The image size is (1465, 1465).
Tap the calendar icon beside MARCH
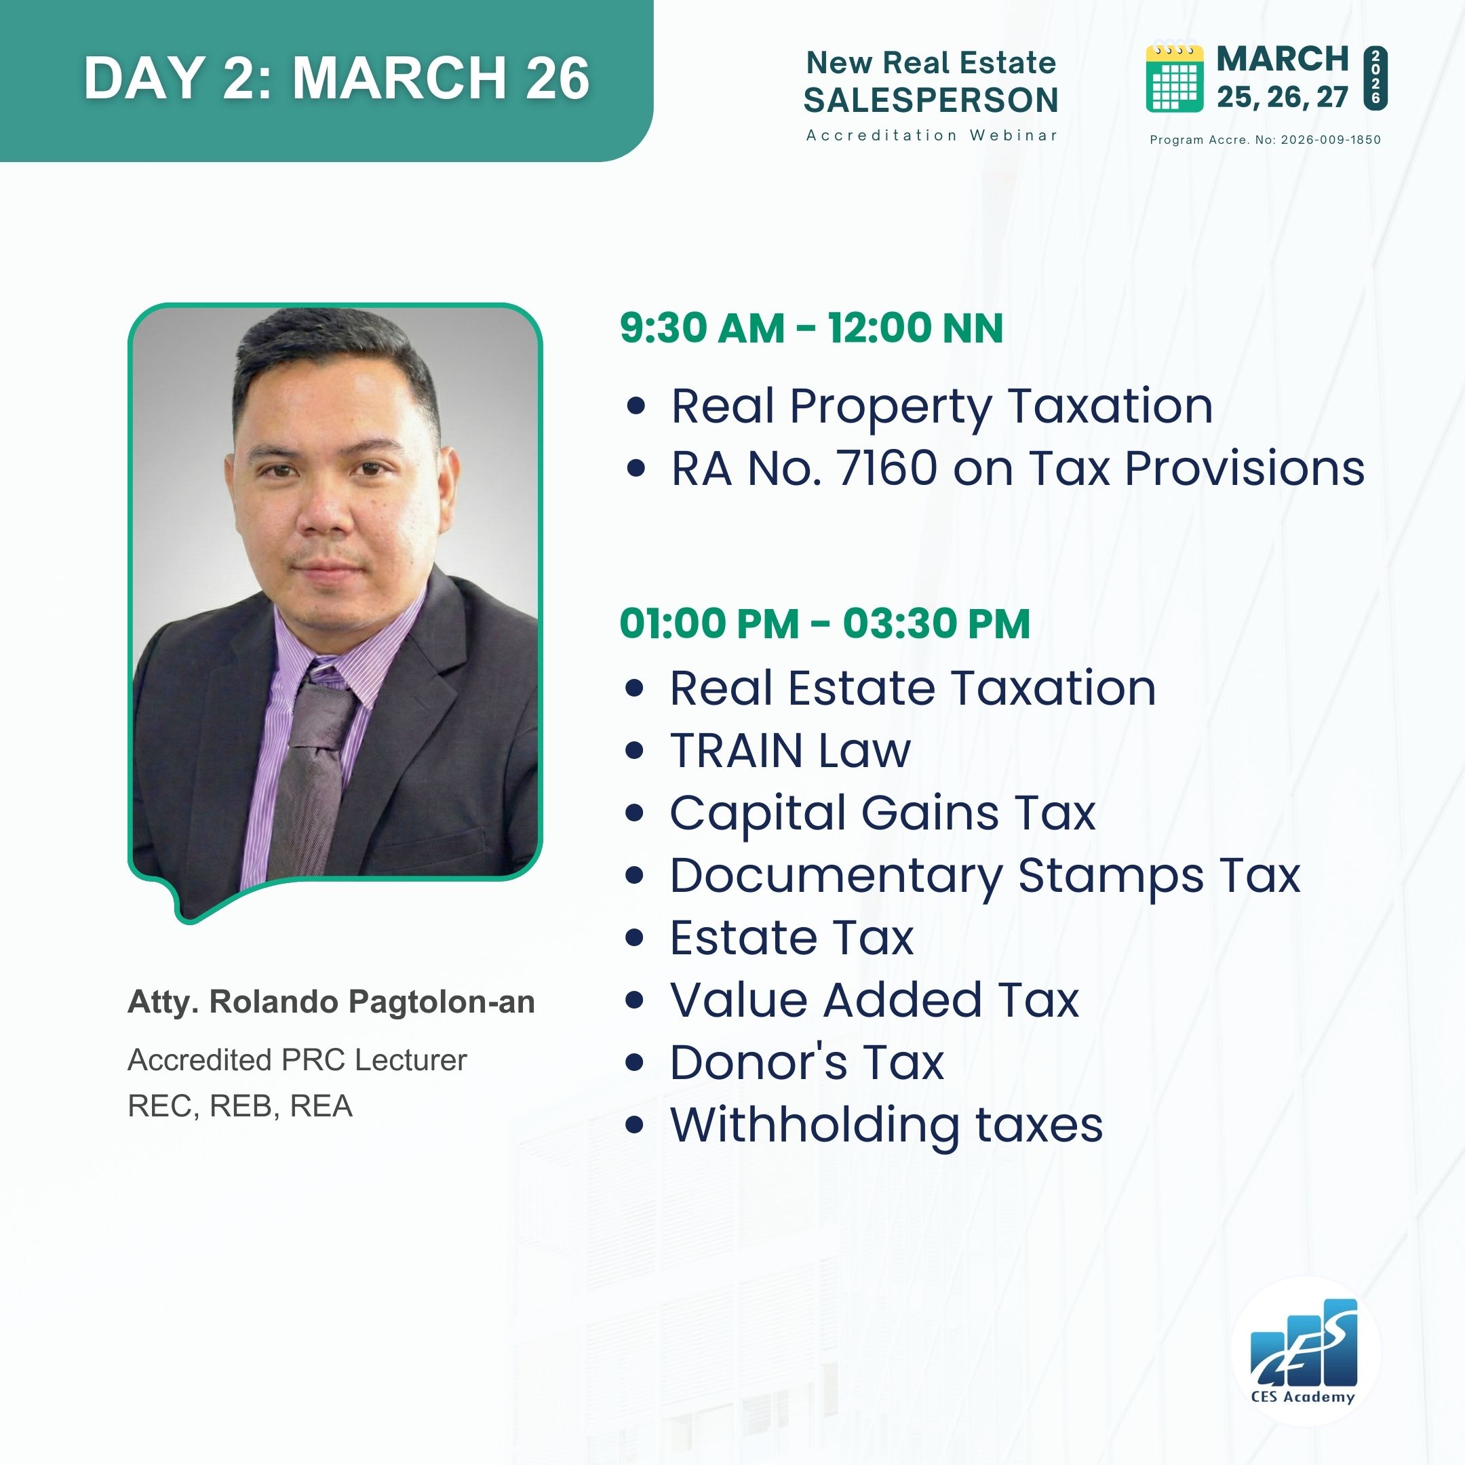click(x=1175, y=78)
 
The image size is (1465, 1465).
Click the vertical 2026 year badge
click(x=1375, y=78)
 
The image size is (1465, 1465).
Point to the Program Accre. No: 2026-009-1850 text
click(x=1265, y=140)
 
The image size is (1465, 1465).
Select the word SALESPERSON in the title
click(x=931, y=100)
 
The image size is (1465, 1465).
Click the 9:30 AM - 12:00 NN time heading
click(x=811, y=328)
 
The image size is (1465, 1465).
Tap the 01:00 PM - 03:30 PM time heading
click(x=825, y=623)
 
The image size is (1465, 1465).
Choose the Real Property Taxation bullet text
click(x=942, y=406)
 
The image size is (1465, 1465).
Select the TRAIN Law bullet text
click(x=790, y=751)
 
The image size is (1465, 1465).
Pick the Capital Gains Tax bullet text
click(x=882, y=814)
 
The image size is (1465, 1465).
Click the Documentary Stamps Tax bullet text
click(x=985, y=876)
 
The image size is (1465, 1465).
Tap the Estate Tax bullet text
click(x=792, y=938)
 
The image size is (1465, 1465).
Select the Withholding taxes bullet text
click(x=886, y=1125)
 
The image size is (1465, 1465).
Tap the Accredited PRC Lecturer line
click(x=297, y=1060)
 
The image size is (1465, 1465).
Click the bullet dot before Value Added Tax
click(x=635, y=1000)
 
